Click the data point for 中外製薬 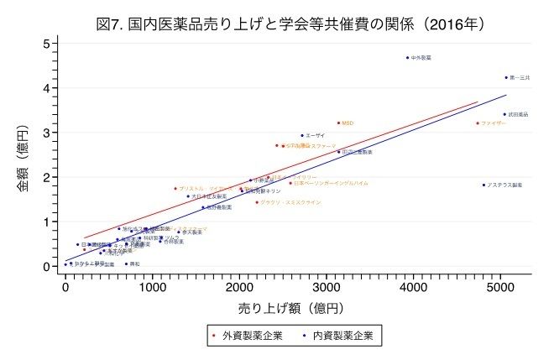coord(407,58)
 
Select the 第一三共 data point coord(506,77)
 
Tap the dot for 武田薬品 coord(504,114)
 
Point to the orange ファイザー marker coord(478,123)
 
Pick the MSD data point coord(338,123)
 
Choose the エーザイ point coord(302,135)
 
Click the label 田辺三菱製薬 coord(356,152)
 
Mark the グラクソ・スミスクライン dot coord(257,202)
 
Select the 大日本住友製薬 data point coord(188,196)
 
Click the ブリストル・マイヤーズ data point coord(175,189)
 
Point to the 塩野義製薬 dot coord(202,207)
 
